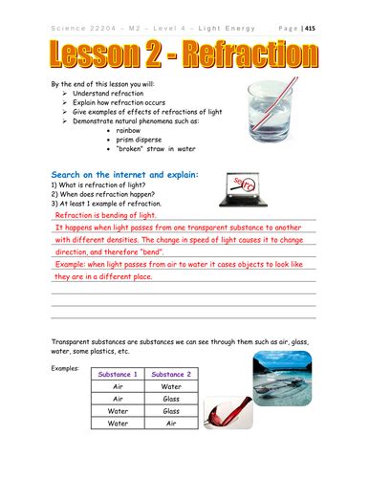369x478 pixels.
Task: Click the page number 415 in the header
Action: coord(336,29)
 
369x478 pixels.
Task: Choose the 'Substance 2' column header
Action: coord(171,374)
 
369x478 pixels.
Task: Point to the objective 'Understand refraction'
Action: coord(111,97)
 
